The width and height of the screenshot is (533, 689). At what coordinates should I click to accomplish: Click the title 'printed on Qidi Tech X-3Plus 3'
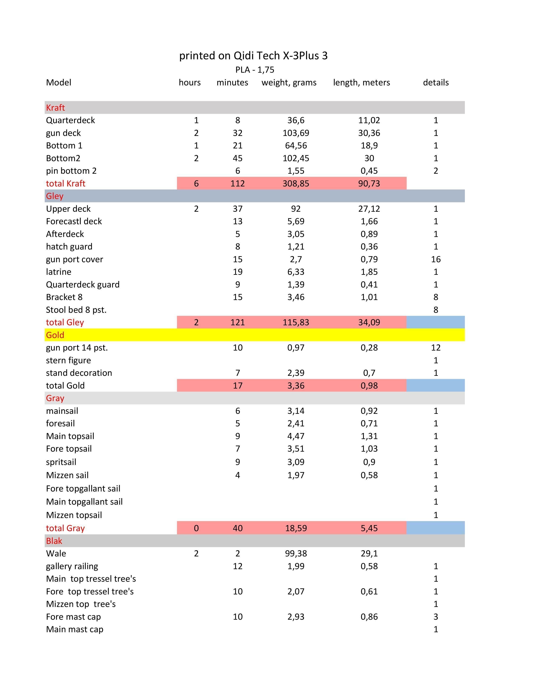pos(253,56)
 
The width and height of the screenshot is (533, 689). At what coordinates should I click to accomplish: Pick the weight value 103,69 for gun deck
pos(296,133)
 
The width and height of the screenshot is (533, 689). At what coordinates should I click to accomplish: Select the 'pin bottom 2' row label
pos(71,171)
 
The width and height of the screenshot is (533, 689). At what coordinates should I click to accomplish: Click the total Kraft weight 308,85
pos(296,183)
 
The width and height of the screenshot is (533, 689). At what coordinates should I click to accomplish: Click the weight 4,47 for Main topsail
pos(296,436)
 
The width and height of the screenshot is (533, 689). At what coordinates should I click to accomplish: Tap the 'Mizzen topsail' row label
pos(74,515)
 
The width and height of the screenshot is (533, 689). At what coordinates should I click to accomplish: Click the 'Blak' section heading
pos(54,541)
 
